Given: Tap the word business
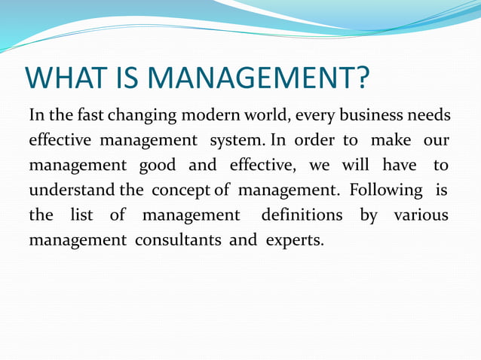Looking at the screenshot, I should [x=366, y=116].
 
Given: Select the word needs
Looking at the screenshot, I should [x=429, y=116].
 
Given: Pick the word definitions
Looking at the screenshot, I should [x=301, y=215].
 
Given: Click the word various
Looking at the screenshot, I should [x=421, y=215].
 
